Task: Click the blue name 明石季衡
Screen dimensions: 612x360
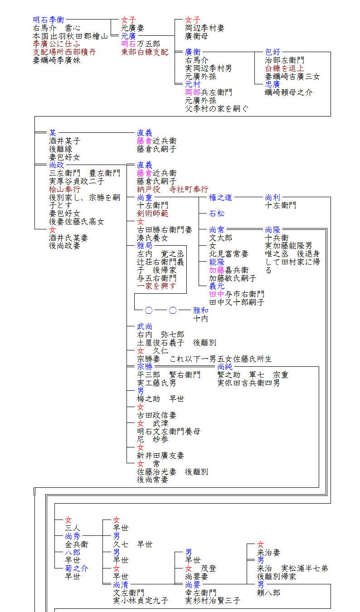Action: tap(48, 20)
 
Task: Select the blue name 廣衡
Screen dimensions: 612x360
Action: tap(193, 52)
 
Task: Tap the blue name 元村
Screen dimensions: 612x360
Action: tap(193, 84)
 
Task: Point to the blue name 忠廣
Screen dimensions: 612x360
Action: tap(272, 84)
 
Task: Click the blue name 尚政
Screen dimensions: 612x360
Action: tap(57, 165)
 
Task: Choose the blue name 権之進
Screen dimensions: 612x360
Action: tap(220, 197)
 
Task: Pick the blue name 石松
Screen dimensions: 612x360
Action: tap(216, 214)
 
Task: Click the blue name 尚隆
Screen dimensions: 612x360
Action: tap(272, 229)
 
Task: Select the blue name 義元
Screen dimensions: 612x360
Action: tap(216, 286)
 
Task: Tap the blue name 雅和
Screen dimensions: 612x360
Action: tap(200, 311)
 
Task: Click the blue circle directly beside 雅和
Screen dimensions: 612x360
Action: tap(173, 311)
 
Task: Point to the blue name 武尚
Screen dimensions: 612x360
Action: tap(145, 326)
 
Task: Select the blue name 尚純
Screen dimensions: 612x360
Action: tap(225, 367)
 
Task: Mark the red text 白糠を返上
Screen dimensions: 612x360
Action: tap(284, 68)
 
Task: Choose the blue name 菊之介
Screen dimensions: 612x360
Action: tap(77, 568)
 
